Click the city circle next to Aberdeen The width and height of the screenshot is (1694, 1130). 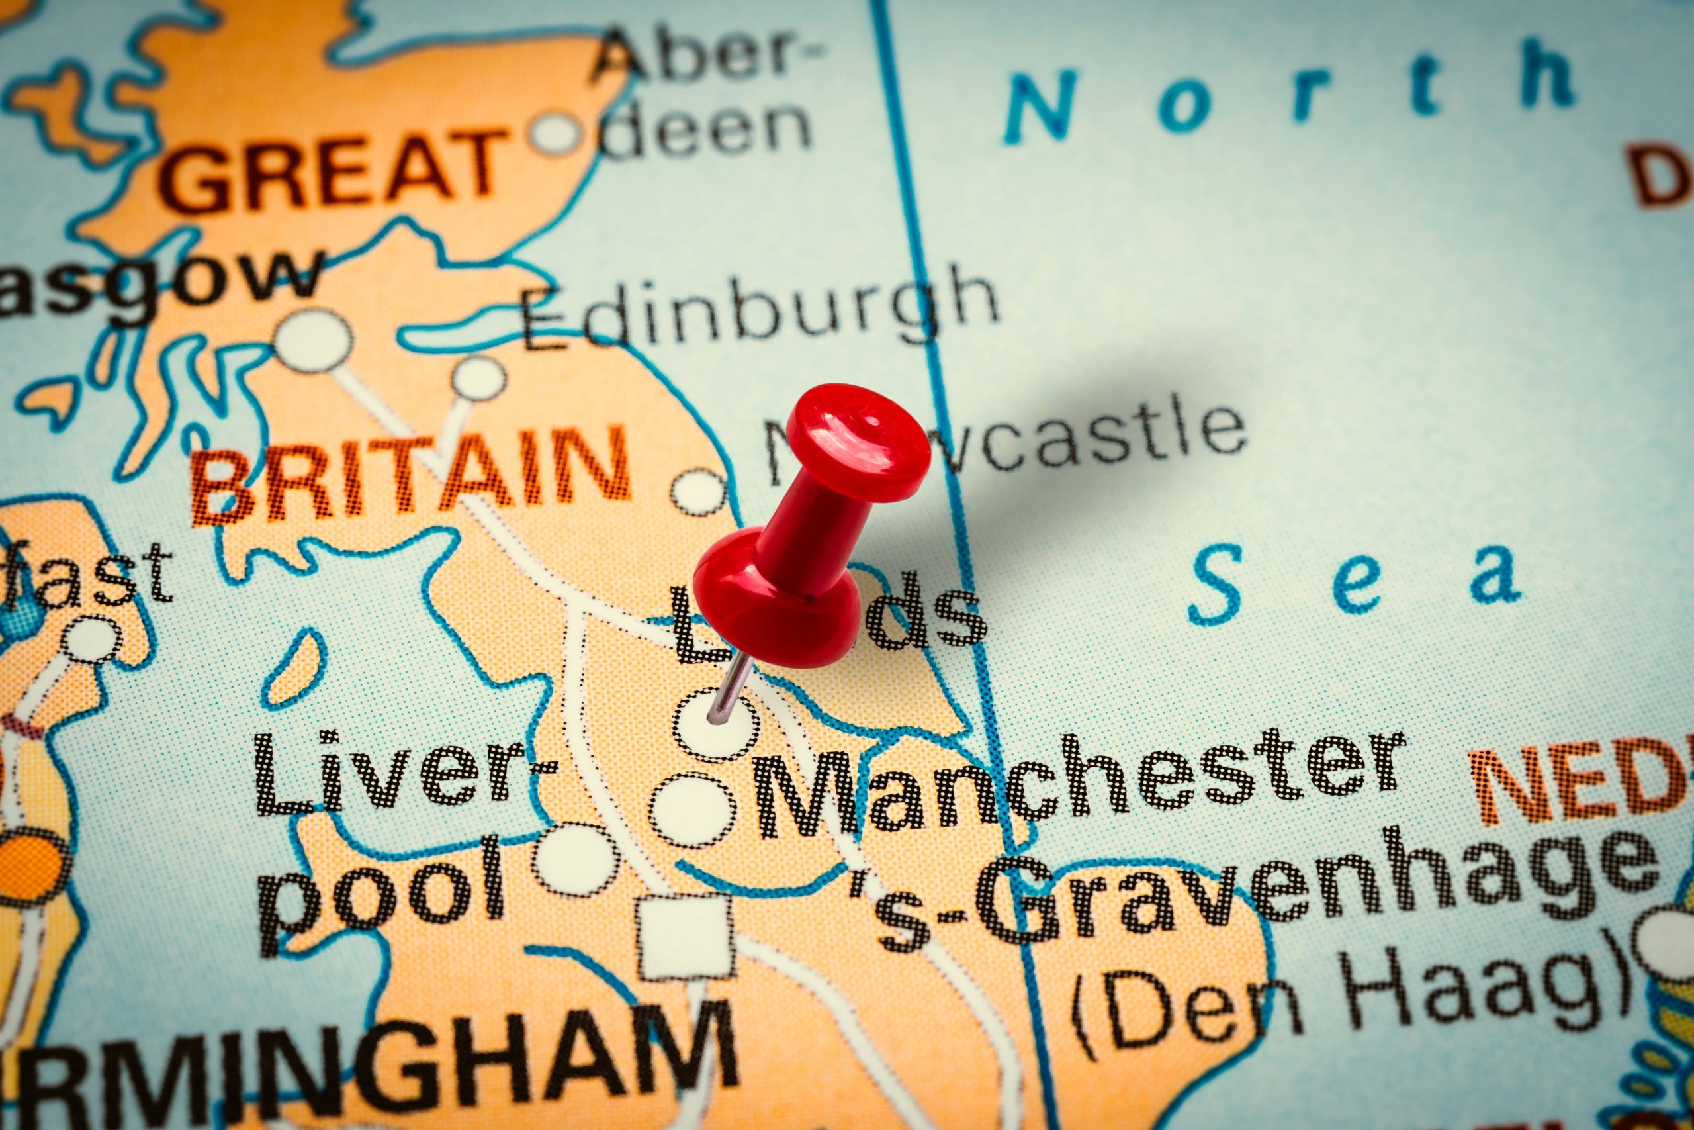tap(555, 134)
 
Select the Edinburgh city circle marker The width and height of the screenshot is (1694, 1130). tap(479, 379)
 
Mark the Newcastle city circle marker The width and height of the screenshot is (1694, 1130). tap(697, 493)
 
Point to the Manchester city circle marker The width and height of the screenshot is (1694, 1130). tap(692, 811)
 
